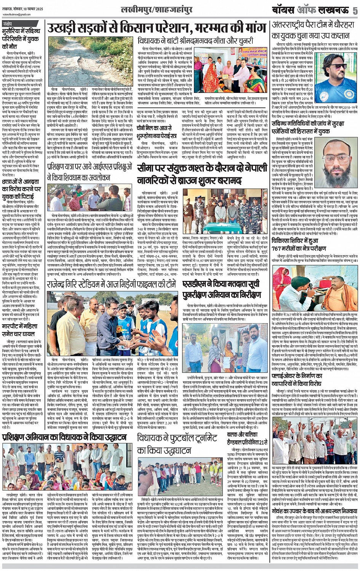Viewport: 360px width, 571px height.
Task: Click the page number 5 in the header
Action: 354,10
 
